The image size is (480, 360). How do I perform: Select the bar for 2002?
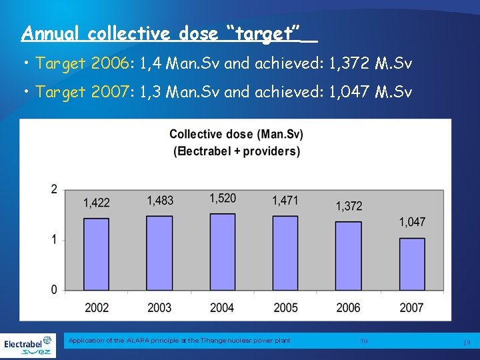pyautogui.click(x=97, y=254)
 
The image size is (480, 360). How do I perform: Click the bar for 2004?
pyautogui.click(x=222, y=251)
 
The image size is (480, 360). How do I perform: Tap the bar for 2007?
pyautogui.click(x=411, y=263)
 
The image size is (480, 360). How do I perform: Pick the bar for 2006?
pyautogui.click(x=349, y=255)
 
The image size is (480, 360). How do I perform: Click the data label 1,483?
pyautogui.click(x=160, y=200)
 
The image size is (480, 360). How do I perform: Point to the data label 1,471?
pyautogui.click(x=285, y=200)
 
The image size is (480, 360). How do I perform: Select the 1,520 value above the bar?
pyautogui.click(x=223, y=198)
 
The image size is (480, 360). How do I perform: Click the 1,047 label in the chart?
pyautogui.click(x=412, y=222)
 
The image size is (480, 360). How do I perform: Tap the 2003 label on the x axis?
pyautogui.click(x=159, y=307)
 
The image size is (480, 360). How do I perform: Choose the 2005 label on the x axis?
pyautogui.click(x=285, y=307)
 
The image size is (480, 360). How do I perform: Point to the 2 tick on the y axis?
pyautogui.click(x=54, y=190)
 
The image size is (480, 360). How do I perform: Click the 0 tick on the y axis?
pyautogui.click(x=54, y=289)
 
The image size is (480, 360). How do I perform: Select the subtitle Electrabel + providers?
pyautogui.click(x=237, y=151)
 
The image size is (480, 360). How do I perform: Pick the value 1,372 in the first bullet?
pyautogui.click(x=351, y=64)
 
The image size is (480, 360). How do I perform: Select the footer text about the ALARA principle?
pyautogui.click(x=179, y=341)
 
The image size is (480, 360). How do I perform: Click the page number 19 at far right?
pyautogui.click(x=466, y=343)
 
